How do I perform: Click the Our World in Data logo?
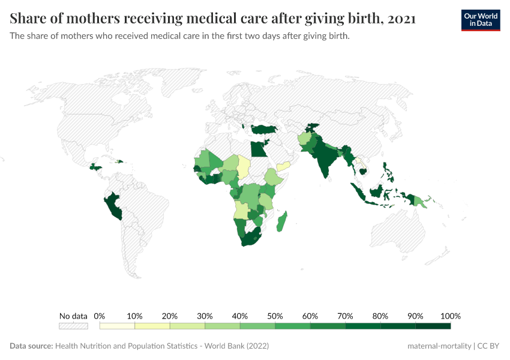[x=480, y=20]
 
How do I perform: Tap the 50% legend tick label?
[x=275, y=316]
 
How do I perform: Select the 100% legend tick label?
[x=450, y=316]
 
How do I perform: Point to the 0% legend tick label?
[x=100, y=316]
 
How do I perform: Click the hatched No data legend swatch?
[x=73, y=326]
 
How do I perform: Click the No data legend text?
[x=73, y=316]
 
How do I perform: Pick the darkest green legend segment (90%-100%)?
[x=433, y=326]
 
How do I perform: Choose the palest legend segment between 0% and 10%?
[x=117, y=326]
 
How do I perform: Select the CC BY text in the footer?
[x=488, y=346]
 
